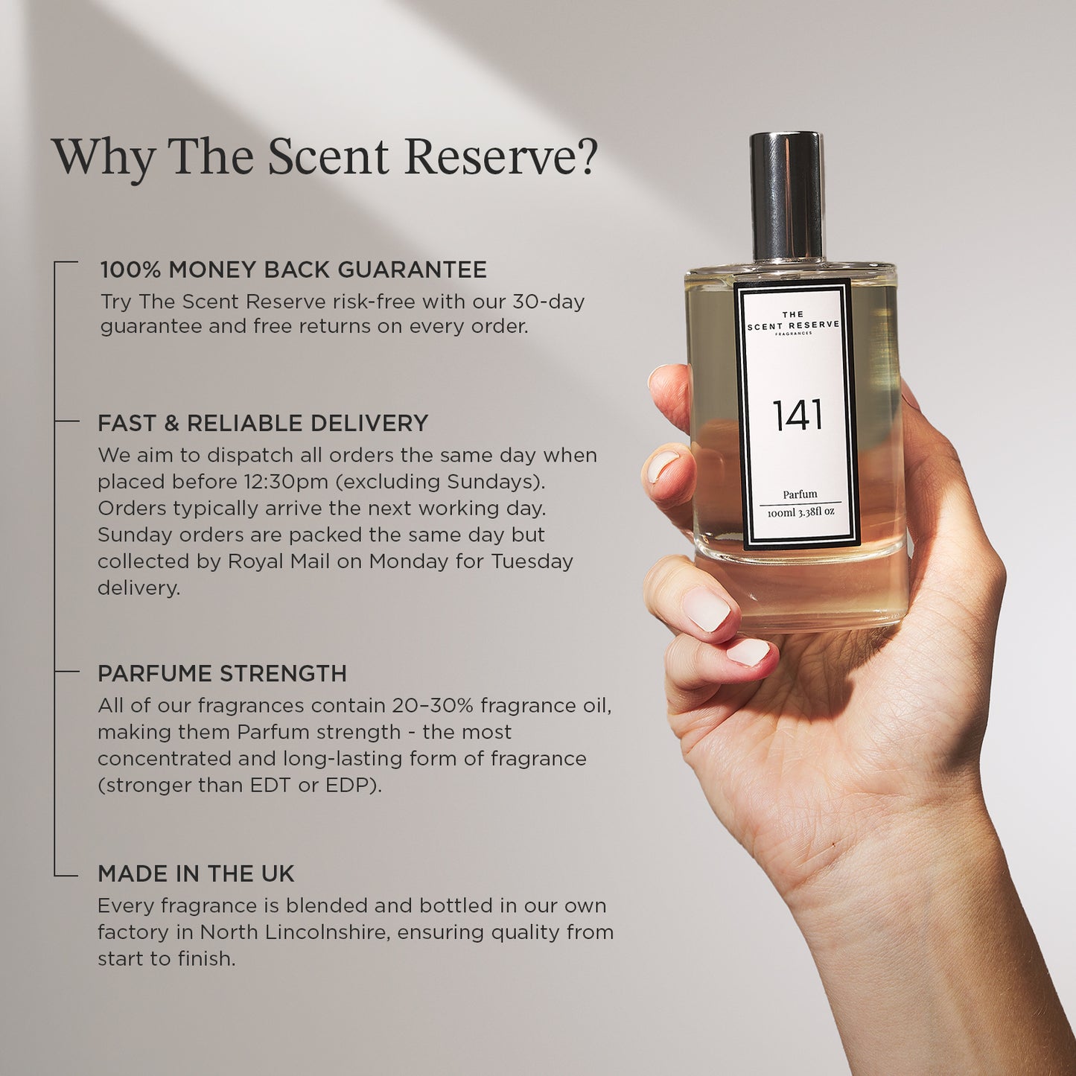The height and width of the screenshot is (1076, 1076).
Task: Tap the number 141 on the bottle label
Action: pos(798,415)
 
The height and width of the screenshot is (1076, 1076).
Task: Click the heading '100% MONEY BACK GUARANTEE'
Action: pos(293,270)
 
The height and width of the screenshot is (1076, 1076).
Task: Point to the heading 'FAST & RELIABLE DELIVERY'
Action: pos(262,423)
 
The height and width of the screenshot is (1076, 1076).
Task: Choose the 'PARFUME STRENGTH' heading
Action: pos(222,673)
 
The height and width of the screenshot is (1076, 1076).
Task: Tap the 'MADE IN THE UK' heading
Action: pos(195,874)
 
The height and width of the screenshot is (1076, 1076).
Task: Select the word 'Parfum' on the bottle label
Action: pos(800,494)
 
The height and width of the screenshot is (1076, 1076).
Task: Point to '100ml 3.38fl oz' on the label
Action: pos(800,512)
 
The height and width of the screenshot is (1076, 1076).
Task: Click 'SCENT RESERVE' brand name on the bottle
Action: pos(793,325)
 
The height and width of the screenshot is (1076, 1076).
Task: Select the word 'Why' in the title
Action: pos(102,158)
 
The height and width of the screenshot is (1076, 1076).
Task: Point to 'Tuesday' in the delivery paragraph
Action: pos(532,561)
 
